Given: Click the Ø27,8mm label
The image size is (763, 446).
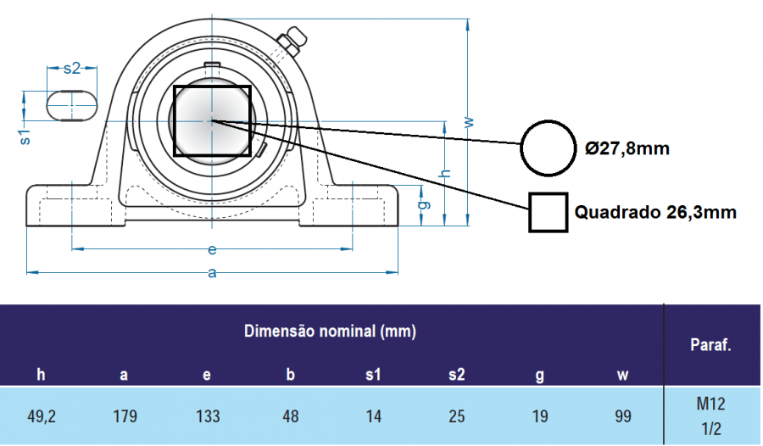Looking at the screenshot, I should [627, 149].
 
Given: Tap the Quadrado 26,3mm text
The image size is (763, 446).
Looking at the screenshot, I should [655, 212].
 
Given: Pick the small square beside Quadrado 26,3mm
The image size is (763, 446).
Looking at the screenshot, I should [548, 212].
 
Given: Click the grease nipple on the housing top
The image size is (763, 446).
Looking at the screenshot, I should [291, 40].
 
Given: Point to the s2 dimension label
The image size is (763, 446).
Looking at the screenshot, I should [72, 68].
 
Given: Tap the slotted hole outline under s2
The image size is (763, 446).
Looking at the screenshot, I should [71, 106].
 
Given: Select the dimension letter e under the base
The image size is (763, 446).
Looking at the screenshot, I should [212, 250].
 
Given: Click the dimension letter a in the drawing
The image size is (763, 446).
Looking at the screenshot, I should [212, 273].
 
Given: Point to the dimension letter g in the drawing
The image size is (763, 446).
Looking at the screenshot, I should [424, 203].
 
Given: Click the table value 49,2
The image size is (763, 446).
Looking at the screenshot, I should [42, 416].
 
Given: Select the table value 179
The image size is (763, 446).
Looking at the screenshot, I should [125, 416].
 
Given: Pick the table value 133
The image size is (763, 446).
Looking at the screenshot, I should [208, 416].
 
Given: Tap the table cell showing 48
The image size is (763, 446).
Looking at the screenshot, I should [290, 416].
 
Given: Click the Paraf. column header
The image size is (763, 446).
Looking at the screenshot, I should [711, 345].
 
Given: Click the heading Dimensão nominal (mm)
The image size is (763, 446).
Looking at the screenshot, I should [331, 331].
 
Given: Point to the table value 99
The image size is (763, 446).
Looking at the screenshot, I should [622, 416].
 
